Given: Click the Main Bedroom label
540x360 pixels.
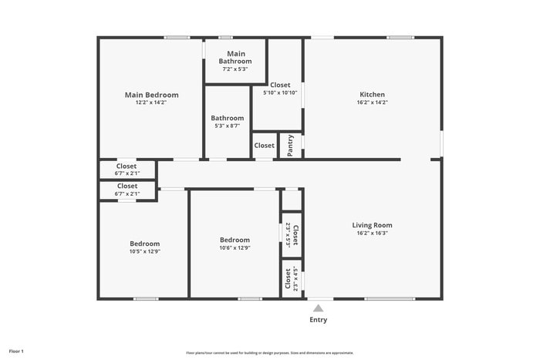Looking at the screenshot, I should point(151,95).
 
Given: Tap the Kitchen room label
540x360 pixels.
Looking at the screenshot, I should point(372,95).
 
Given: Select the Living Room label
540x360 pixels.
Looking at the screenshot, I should point(372,225).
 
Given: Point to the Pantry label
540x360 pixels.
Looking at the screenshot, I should point(290,146).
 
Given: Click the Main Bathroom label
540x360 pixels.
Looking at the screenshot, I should point(235,57).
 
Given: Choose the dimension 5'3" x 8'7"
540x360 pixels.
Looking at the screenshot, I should point(228,126).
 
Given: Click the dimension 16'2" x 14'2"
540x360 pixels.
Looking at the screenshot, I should point(372,102).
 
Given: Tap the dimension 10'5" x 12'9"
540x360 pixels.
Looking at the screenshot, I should point(144,251).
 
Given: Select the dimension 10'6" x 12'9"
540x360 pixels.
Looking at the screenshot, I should point(235,247).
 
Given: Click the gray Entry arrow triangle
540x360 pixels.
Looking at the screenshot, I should point(318,308).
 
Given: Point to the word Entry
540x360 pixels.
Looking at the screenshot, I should point(318,320).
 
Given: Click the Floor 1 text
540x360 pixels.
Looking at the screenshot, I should point(16,352).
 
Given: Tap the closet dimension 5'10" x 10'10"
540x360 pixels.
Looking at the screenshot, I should point(280,93).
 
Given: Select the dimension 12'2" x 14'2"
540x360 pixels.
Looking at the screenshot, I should point(151,102).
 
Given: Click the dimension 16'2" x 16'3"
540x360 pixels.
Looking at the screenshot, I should point(372,233).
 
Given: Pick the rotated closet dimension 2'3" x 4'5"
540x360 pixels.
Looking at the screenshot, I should point(295,278).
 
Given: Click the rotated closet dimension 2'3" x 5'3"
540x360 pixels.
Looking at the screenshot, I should point(288,234).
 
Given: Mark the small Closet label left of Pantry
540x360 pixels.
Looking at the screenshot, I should point(264,145).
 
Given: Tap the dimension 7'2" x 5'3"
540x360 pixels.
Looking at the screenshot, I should point(235,69).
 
